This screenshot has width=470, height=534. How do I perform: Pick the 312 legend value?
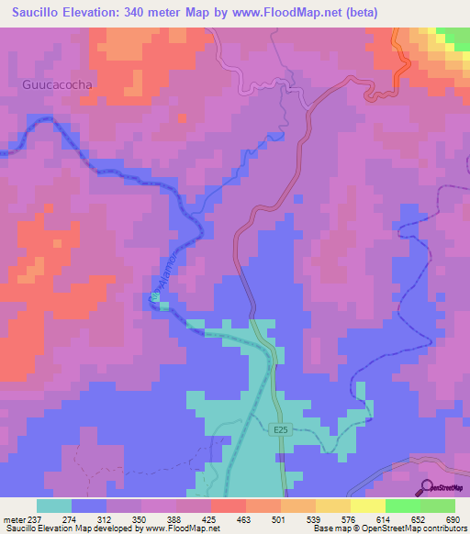pos(106,519)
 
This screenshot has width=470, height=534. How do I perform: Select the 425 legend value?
pos(211,519)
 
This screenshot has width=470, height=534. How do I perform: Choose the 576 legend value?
pos(350,519)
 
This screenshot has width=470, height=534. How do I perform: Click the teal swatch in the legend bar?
pos(54,506)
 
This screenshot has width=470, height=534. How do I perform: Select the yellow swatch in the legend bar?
pos(367,506)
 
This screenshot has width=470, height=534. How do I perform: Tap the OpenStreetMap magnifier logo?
pos(425,487)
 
